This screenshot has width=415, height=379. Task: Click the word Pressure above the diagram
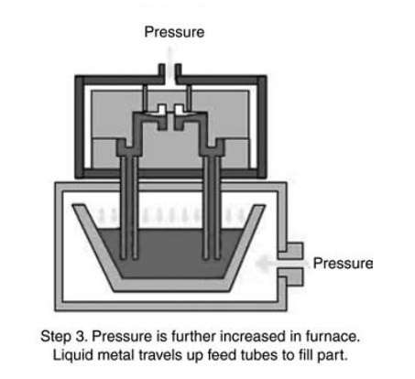tap(174, 32)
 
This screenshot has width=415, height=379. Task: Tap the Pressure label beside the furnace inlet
tap(343, 264)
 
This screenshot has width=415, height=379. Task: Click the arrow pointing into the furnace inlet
tap(282, 263)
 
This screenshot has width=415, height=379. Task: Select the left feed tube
tap(129, 208)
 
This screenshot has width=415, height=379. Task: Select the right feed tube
tap(212, 208)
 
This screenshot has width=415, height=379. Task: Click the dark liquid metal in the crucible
tap(171, 254)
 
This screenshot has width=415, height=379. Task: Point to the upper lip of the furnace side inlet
tap(290, 251)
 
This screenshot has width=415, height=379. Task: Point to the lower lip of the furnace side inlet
tap(290, 277)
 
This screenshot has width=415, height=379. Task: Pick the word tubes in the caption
tap(259, 355)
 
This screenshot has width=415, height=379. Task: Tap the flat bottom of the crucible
tap(171, 285)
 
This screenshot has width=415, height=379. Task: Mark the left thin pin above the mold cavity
tap(145, 97)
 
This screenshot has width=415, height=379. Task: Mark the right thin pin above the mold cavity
tap(190, 97)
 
